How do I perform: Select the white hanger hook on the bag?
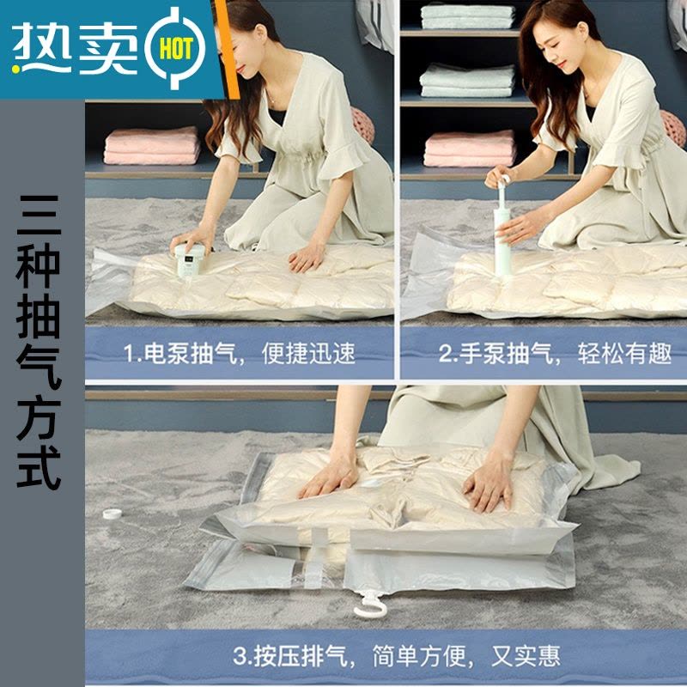pos(368,605)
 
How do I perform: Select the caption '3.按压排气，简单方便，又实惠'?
pos(396,657)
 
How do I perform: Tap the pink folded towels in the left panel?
pos(151,145)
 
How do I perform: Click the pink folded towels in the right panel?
pos(470,148)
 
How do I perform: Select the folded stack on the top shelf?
pos(467,15)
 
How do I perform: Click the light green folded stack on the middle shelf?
pos(467,79)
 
